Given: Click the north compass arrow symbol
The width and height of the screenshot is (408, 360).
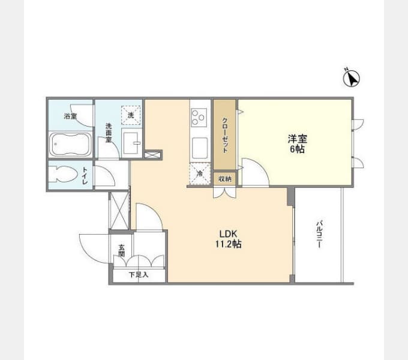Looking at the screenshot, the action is click(352, 78).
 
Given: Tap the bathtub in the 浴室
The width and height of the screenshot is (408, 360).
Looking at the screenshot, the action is click(70, 145).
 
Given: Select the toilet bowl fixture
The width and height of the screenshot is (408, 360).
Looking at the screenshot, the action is click(63, 174).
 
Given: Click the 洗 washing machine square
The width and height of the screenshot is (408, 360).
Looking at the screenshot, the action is click(131, 115).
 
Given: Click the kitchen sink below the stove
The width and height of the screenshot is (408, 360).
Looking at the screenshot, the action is click(200, 148).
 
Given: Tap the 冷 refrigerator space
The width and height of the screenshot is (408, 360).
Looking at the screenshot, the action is click(200, 174).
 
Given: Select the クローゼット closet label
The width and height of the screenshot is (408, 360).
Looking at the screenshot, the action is click(225, 135).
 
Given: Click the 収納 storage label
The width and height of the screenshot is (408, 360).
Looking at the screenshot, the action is click(225, 179).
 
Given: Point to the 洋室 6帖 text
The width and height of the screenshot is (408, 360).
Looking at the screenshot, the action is click(298, 143).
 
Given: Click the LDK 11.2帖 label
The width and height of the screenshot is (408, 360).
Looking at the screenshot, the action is click(228, 239).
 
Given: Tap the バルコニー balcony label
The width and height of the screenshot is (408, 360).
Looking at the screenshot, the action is click(320, 235).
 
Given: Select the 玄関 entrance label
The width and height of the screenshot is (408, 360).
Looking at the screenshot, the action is click(122, 251).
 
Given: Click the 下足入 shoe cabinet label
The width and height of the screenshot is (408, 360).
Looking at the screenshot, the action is click(139, 275).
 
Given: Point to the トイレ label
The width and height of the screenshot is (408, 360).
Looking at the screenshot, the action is click(85, 176).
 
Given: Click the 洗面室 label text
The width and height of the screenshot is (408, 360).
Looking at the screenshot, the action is click(109, 133).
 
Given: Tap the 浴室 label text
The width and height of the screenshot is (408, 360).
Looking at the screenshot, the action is click(70, 116).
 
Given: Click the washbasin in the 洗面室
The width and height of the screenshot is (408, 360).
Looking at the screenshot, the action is click(132, 143).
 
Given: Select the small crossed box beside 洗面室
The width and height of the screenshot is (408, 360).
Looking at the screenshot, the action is click(152, 155).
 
